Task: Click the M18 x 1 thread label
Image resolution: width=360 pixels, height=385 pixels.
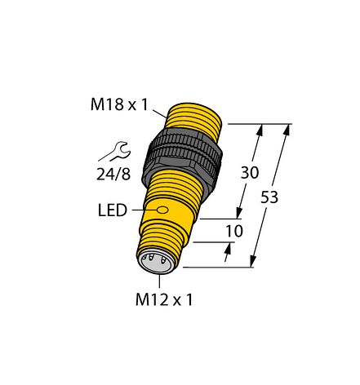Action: point(119,104)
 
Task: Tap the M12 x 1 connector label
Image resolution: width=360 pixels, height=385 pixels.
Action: point(164,300)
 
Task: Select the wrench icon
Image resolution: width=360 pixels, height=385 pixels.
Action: point(115,152)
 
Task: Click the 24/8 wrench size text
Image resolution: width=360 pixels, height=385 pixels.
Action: point(113,174)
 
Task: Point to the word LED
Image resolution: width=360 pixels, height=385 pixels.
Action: point(113,210)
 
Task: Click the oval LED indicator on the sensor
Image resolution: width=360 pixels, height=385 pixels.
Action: point(162,210)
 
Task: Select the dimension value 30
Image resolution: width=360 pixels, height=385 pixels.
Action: point(250,172)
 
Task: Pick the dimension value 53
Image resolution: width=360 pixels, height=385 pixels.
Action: point(269,197)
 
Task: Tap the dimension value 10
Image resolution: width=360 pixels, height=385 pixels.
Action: point(234,231)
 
